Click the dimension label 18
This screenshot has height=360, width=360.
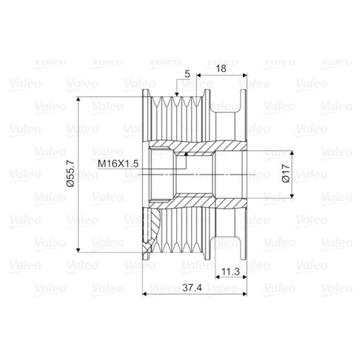pos(221,69)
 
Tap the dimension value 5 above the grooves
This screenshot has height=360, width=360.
pos(187,74)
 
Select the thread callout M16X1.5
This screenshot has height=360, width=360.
pos(118,164)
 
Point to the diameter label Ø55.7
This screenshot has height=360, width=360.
pos(71,173)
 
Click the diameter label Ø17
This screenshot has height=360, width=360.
pos(286,173)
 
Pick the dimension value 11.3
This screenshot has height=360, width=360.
pos(230,272)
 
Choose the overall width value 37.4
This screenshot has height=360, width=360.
pos(192,288)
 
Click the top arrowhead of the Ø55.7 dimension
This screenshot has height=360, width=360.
pos(79,99)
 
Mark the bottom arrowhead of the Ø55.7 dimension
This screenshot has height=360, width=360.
pos(79,250)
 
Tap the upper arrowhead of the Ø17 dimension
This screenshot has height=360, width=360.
pos(292,153)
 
